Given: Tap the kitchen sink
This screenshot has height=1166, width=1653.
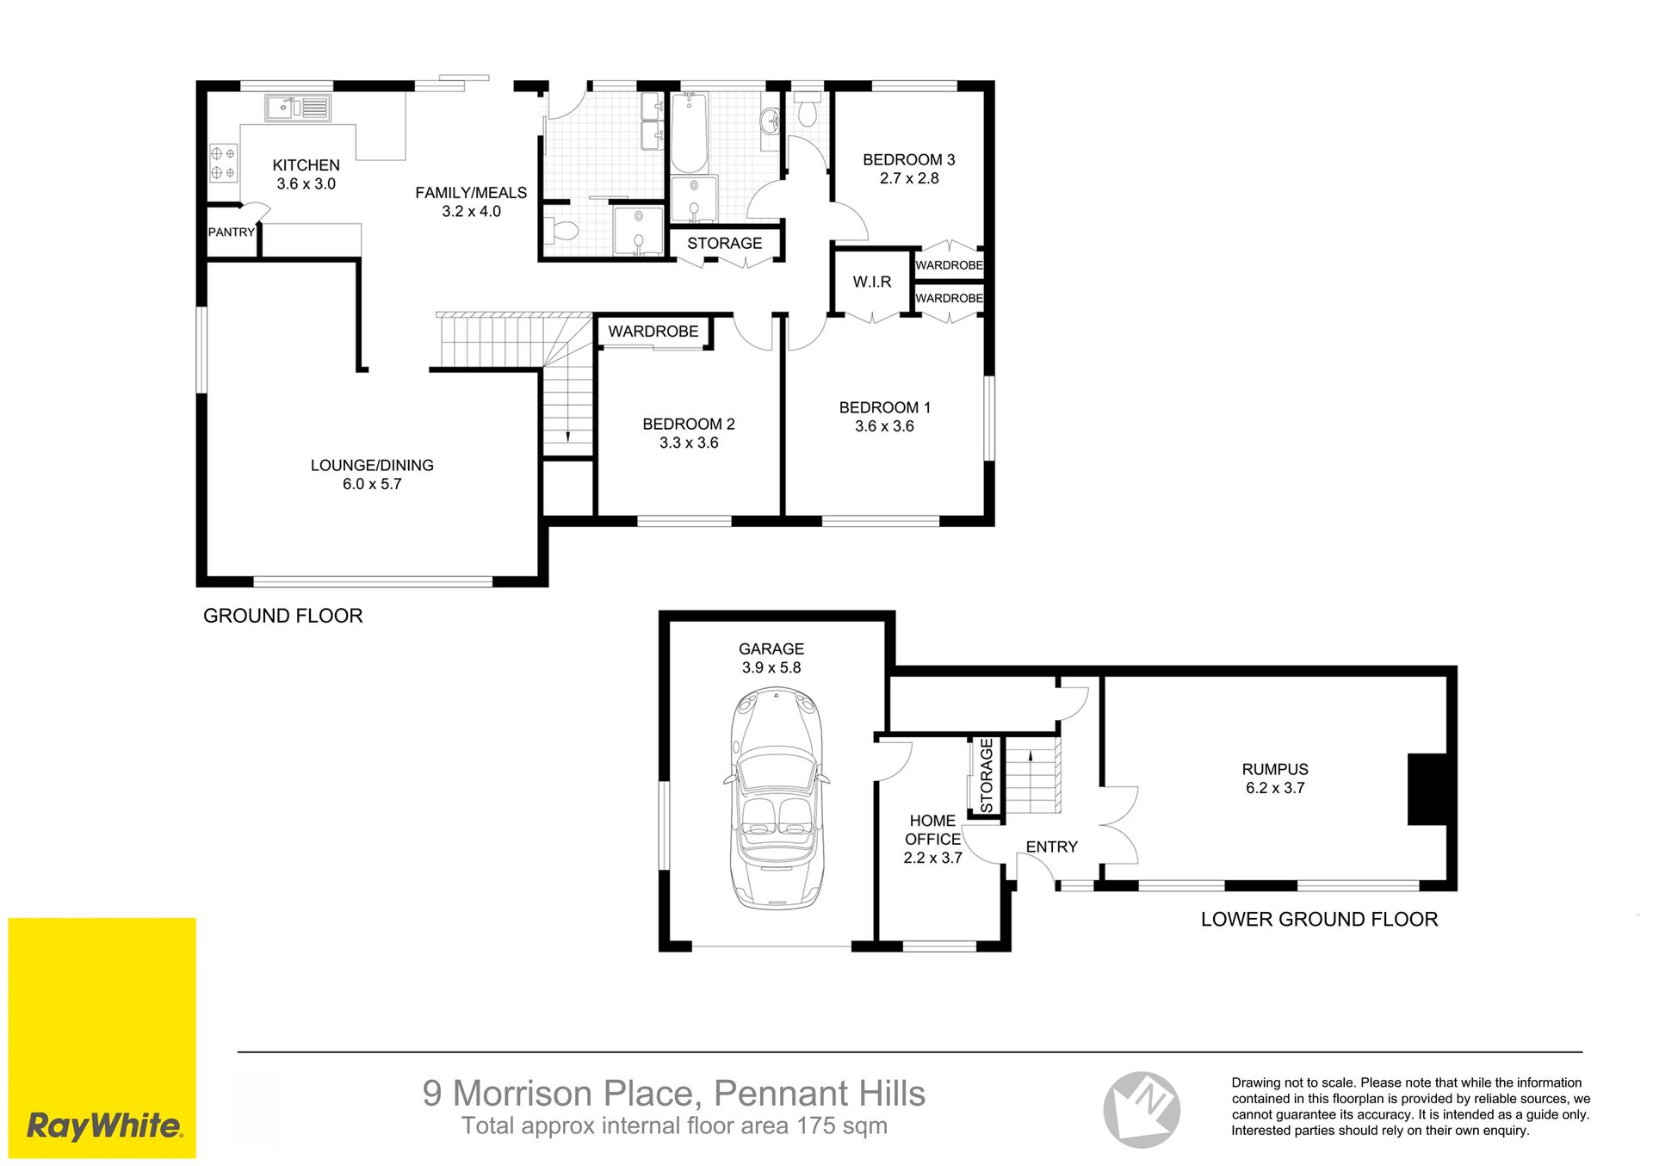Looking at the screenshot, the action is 298,108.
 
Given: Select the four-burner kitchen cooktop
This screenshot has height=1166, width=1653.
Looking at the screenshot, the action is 224,163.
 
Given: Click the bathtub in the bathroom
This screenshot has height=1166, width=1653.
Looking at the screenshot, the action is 689,133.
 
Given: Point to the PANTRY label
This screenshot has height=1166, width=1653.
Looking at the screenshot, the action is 232,232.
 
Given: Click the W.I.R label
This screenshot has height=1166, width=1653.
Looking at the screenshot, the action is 872,282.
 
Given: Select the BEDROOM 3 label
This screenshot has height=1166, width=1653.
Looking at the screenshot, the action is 909,159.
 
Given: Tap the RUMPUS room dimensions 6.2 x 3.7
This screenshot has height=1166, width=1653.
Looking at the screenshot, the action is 1275,788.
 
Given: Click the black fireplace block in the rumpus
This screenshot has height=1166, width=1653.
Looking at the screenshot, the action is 1427,790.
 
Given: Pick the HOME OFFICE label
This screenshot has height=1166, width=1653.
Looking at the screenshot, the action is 932,829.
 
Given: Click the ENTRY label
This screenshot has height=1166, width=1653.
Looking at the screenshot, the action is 1051,847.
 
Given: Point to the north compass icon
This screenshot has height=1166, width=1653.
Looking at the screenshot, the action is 1142,1109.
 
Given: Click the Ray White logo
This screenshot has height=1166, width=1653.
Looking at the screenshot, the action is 102,1038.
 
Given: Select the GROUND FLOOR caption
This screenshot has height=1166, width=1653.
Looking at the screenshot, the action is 283,616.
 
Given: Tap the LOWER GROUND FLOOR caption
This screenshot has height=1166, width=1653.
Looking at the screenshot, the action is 1319,919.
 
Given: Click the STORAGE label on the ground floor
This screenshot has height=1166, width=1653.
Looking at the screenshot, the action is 725,243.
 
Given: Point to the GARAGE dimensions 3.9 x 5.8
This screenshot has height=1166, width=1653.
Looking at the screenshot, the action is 771,667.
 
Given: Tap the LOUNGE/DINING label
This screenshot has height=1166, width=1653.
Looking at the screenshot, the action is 372,465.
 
